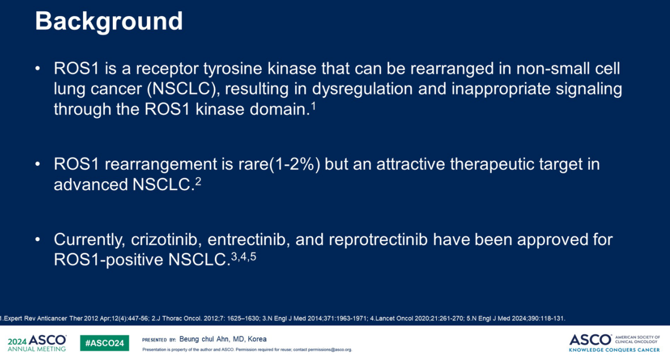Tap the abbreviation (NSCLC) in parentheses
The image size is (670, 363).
183,89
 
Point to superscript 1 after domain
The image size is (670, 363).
313,106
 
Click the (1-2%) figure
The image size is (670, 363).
295,164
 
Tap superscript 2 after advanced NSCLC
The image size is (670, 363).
198,181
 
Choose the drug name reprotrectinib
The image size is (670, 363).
378,240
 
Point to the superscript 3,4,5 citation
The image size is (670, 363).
243,257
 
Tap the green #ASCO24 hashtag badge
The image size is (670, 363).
104,343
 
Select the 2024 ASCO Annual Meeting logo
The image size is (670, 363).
37,343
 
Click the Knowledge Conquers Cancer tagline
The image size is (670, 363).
614,350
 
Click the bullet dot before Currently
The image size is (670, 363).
38,239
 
